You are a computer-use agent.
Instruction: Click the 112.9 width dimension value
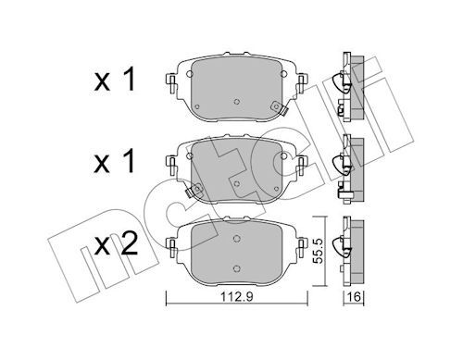[237, 297]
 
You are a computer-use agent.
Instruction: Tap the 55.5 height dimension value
[318, 251]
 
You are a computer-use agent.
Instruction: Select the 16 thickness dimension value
[354, 297]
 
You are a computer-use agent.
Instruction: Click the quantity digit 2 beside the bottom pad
[129, 243]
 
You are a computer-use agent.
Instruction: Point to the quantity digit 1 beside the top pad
[129, 80]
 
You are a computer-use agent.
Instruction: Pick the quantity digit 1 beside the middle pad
[129, 161]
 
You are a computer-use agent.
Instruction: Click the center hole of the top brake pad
[237, 102]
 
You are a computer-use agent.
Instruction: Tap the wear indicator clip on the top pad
[278, 108]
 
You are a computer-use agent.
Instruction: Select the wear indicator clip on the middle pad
[194, 190]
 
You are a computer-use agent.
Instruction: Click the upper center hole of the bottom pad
[237, 238]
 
